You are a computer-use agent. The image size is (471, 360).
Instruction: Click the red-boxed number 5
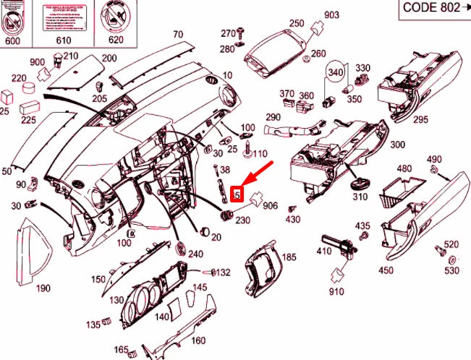[x=237, y=194]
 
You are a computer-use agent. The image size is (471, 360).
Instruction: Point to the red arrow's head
[x=246, y=184]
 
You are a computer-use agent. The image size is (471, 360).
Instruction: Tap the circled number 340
[x=335, y=72]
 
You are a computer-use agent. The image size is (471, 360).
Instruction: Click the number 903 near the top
[x=331, y=15]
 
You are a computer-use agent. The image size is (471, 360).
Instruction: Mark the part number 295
[x=421, y=119]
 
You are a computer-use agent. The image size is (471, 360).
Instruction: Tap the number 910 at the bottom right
[x=336, y=292]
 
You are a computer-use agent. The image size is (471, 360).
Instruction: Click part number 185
[x=289, y=257]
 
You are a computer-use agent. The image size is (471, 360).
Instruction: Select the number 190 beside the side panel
[x=43, y=288]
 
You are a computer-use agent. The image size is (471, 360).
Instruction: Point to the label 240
[x=195, y=254]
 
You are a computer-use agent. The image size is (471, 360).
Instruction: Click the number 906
[x=270, y=206]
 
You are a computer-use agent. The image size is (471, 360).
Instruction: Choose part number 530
[x=451, y=270]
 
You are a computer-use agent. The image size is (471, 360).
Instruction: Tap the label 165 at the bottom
[x=121, y=350]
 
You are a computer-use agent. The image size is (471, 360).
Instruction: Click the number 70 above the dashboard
[x=178, y=33]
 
